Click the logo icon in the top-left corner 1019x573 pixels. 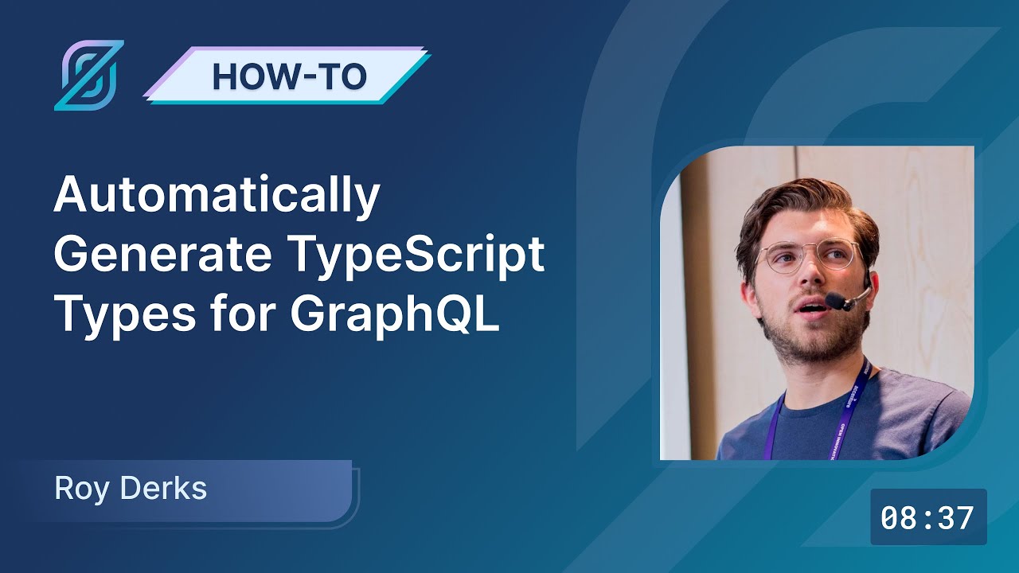[89, 75]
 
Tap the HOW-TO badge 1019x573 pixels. [288, 76]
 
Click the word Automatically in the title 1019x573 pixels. [217, 197]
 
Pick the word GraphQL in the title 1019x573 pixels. [394, 314]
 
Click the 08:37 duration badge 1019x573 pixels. [928, 518]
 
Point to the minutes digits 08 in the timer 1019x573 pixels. [899, 518]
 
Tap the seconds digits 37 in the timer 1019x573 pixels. [955, 518]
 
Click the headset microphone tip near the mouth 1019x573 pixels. [835, 302]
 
